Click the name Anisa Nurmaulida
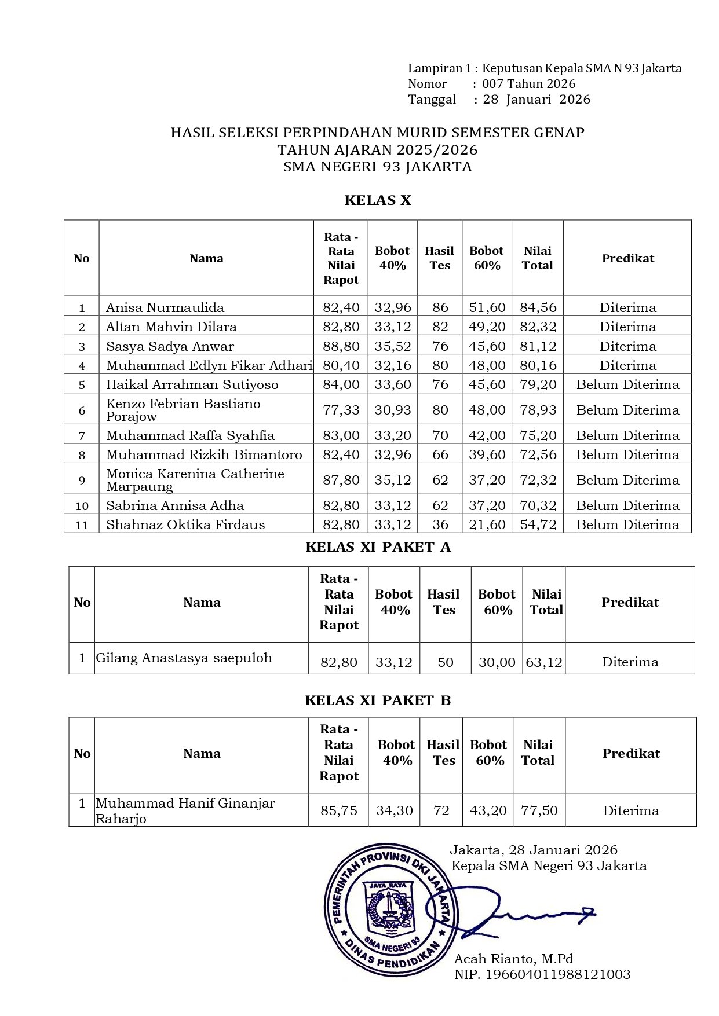[165, 307]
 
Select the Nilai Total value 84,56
[538, 307]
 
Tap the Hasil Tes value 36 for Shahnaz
[440, 524]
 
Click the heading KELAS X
[378, 200]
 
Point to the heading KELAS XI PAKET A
[378, 547]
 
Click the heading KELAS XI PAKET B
[378, 700]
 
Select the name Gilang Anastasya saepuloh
[184, 658]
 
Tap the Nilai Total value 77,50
[539, 810]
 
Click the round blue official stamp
[387, 909]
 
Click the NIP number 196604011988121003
[557, 974]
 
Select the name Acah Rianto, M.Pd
[513, 959]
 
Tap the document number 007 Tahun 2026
[528, 84]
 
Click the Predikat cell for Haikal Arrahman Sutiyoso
[627, 384]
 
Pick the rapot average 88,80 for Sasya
[341, 346]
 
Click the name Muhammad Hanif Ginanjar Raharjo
[185, 810]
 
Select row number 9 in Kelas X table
[82, 480]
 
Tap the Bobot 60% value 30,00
[497, 662]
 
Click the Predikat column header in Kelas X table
[627, 258]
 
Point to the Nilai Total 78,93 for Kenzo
[538, 410]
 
